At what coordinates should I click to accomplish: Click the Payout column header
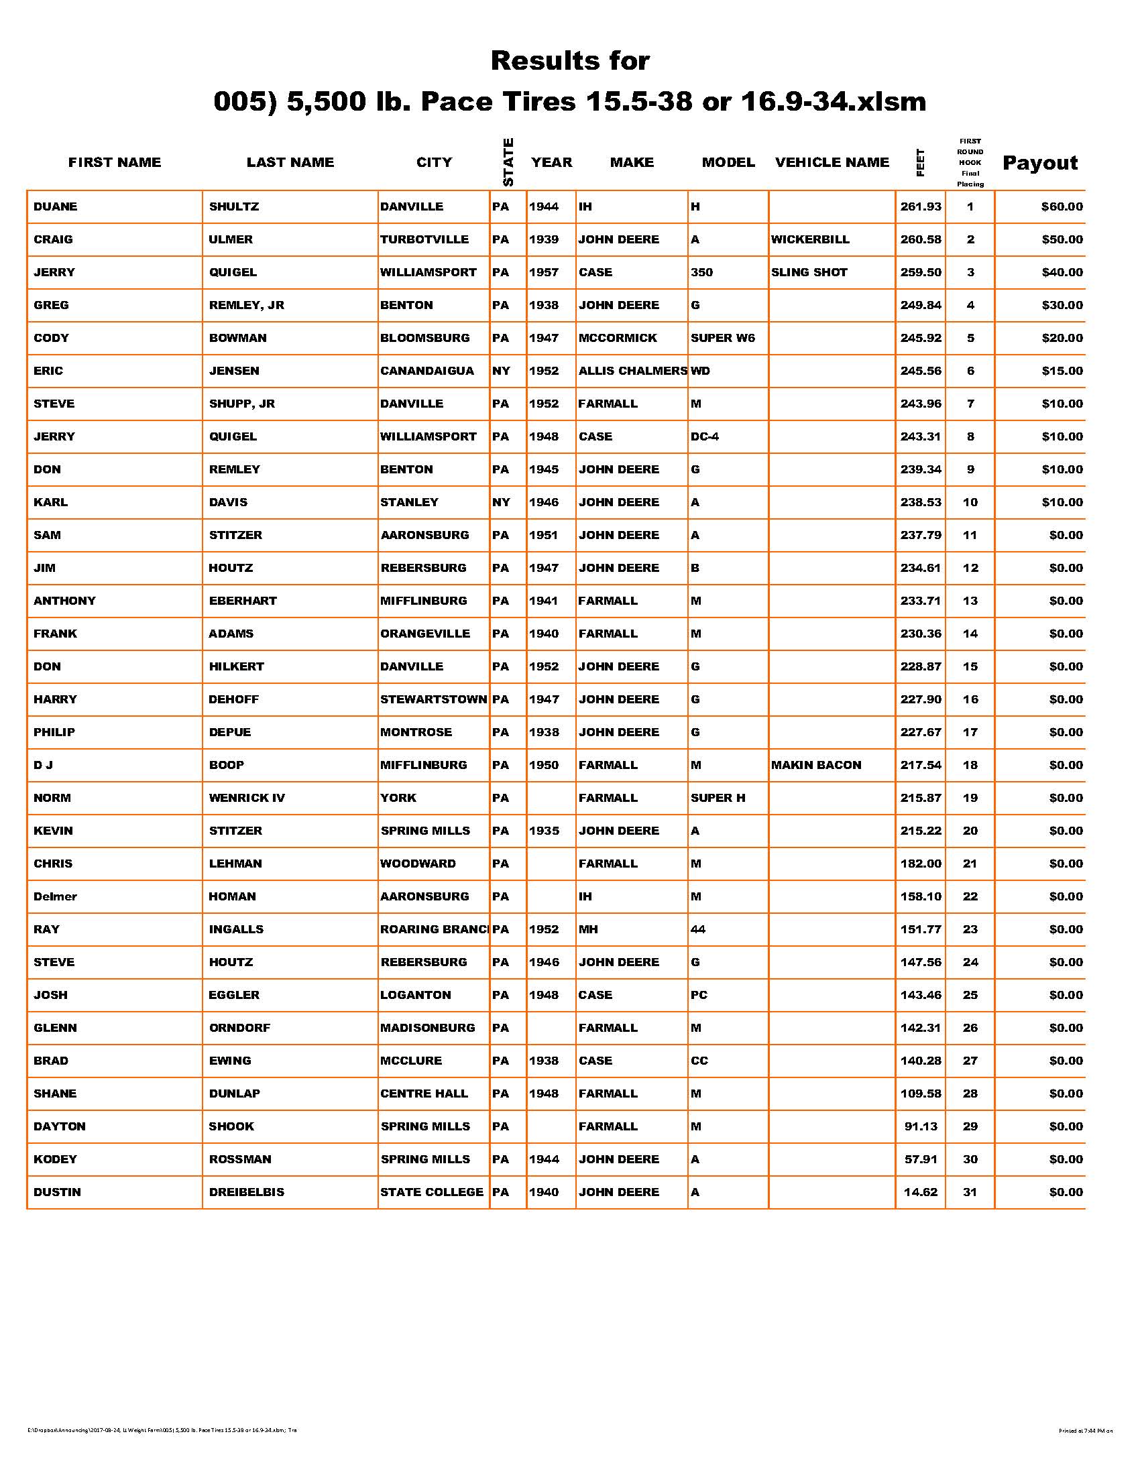tap(1039, 163)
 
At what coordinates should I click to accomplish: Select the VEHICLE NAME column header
tap(832, 162)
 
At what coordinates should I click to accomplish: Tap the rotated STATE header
tap(508, 162)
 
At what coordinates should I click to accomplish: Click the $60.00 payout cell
tap(1062, 206)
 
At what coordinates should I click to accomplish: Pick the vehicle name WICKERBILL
tap(810, 240)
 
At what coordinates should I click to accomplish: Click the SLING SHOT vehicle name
tap(809, 272)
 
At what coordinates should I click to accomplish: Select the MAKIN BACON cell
tap(816, 765)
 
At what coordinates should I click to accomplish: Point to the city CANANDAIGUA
tap(426, 371)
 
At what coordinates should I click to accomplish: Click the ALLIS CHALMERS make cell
tap(632, 371)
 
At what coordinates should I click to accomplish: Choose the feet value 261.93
tap(921, 206)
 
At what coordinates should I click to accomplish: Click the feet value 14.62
tap(921, 1192)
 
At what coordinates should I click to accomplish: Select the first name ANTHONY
tap(65, 601)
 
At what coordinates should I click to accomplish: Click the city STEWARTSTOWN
tap(434, 700)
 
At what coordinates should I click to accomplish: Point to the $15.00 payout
tap(1062, 371)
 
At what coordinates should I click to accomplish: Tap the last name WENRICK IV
tap(247, 799)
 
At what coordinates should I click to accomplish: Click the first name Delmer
tap(56, 897)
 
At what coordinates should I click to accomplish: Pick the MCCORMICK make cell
tap(617, 338)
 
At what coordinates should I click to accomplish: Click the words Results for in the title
tap(570, 61)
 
